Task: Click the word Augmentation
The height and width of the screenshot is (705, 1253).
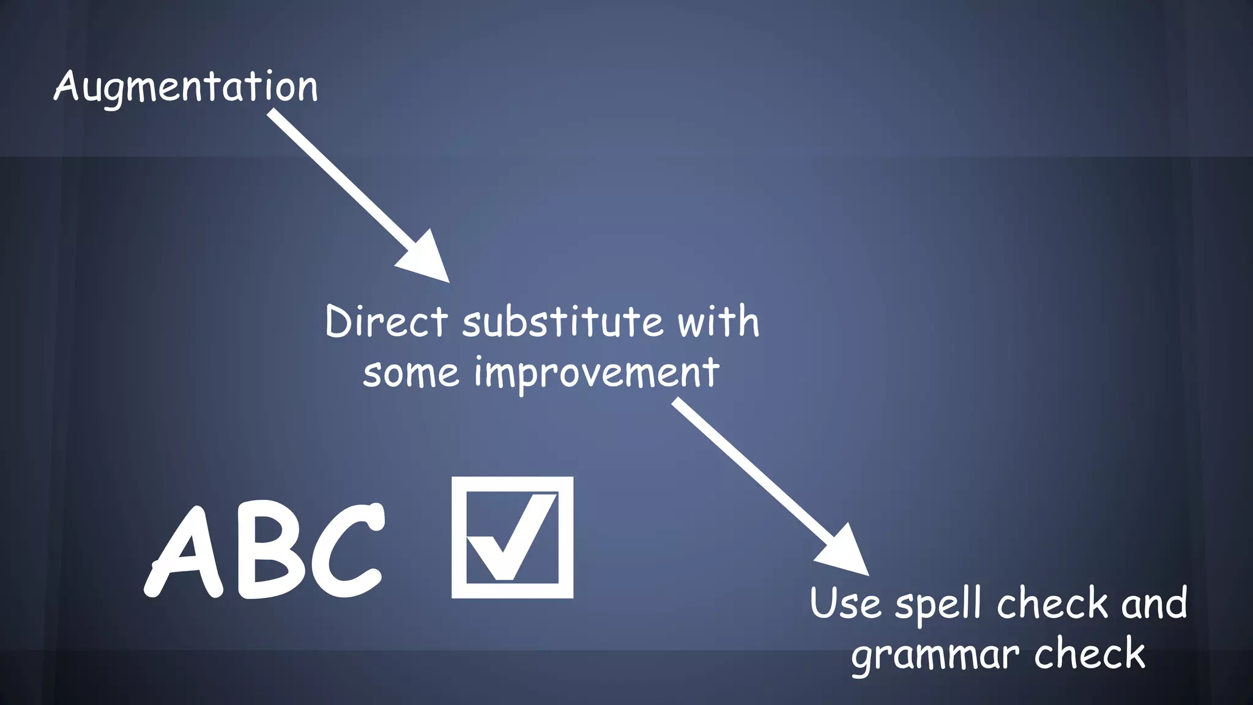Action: [186, 87]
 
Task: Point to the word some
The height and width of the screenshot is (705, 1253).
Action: [411, 373]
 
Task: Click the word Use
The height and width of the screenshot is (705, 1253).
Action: [845, 603]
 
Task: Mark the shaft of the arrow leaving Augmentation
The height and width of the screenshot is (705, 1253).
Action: [340, 177]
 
